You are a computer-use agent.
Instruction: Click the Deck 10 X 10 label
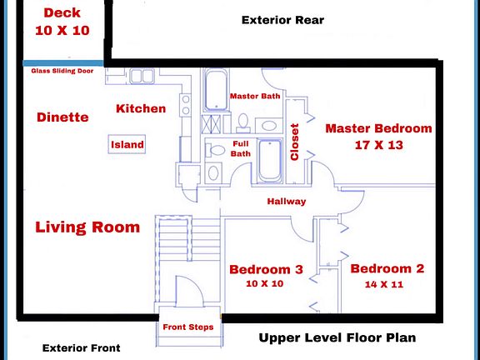[x=62, y=22]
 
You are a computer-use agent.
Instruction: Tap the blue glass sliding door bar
[x=63, y=63]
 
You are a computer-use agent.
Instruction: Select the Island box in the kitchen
[x=127, y=144]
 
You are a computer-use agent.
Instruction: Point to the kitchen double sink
[x=142, y=76]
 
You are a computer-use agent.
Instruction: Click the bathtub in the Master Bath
[x=216, y=90]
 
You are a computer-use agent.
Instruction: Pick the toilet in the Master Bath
[x=243, y=123]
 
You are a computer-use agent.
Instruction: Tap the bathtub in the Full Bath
[x=270, y=161]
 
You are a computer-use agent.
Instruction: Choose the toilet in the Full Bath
[x=215, y=150]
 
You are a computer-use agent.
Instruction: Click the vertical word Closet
[x=294, y=142]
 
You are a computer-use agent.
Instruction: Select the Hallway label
[x=287, y=202]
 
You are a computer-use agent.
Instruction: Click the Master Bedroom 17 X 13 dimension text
[x=378, y=145]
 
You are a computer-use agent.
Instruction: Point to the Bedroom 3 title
[x=266, y=269]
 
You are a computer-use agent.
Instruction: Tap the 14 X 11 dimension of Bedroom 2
[x=384, y=284]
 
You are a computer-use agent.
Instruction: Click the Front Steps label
[x=188, y=327]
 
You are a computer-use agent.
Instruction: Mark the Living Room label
[x=87, y=227]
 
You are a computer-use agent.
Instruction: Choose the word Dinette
[x=62, y=117]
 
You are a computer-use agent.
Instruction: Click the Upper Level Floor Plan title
[x=337, y=338]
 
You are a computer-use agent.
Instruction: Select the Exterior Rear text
[x=282, y=20]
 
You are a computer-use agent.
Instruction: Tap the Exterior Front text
[x=82, y=348]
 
